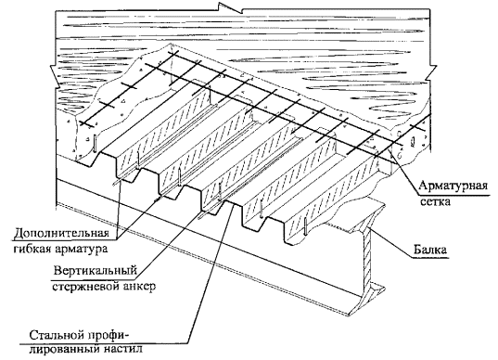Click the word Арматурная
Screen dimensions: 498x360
tap(453, 186)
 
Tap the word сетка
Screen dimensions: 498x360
tap(435, 201)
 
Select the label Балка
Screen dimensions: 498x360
tap(430, 250)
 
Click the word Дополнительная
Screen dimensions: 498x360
tap(61, 233)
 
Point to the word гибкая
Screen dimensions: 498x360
tap(31, 249)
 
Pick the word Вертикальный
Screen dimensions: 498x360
tap(95, 271)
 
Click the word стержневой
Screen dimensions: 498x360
tap(85, 287)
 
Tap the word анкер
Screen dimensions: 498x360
tap(139, 287)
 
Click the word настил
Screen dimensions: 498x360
tap(123, 349)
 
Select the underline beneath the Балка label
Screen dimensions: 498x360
tap(431, 257)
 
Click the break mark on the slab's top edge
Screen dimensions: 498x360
tap(230, 7)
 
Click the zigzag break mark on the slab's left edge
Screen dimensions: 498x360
tap(54, 75)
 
